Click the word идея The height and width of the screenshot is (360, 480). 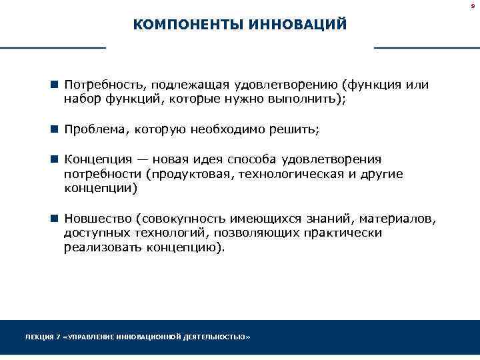(209, 159)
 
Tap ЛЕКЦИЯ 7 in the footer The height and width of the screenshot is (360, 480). (41, 337)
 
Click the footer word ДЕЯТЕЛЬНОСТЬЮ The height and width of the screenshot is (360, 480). (216, 337)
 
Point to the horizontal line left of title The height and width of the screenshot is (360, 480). (53, 48)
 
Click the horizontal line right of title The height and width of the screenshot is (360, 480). (427, 48)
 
